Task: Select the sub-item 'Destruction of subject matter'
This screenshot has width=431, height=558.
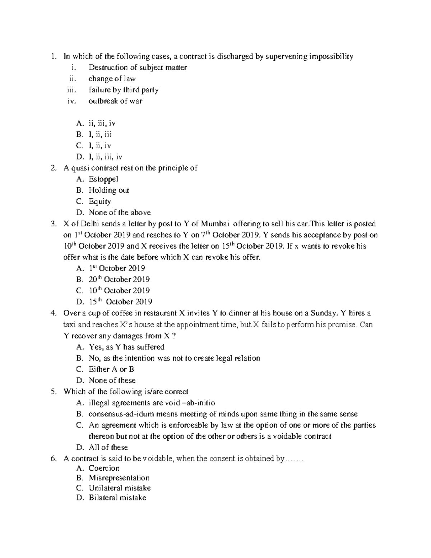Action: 138,68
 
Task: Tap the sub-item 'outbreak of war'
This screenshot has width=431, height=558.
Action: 115,101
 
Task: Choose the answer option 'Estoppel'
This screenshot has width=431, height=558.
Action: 103,179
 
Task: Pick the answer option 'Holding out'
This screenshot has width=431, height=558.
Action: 109,190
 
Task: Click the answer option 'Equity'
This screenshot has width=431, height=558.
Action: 100,201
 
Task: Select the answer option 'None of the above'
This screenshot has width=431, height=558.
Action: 120,212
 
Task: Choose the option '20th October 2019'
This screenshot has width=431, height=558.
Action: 119,279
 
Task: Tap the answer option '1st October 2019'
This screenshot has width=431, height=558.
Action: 117,268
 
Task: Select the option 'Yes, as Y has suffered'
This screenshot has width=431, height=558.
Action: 126,347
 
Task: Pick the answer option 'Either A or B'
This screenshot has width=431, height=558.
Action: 111,369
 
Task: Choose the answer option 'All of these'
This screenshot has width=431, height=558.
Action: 108,447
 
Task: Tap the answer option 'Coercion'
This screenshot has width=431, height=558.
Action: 104,468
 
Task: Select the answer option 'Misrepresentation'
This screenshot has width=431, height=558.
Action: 119,478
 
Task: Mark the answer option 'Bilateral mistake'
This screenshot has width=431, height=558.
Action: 117,498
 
